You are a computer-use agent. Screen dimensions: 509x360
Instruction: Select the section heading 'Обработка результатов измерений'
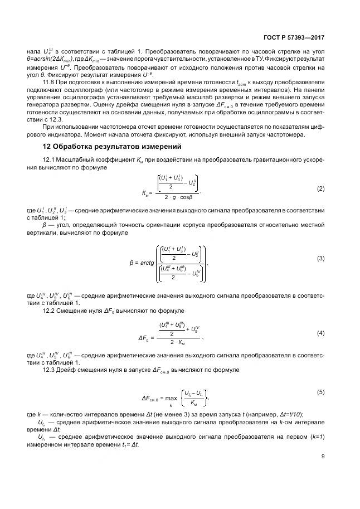tap(117, 147)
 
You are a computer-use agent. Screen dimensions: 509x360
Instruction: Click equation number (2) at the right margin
tap(320, 188)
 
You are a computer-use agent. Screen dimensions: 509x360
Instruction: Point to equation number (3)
tap(320, 258)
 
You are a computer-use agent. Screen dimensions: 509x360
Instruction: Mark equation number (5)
tap(320, 392)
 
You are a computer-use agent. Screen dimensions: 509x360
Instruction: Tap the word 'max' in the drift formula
tap(171, 398)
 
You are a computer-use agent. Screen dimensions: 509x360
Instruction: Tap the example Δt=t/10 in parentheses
tap(290, 415)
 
